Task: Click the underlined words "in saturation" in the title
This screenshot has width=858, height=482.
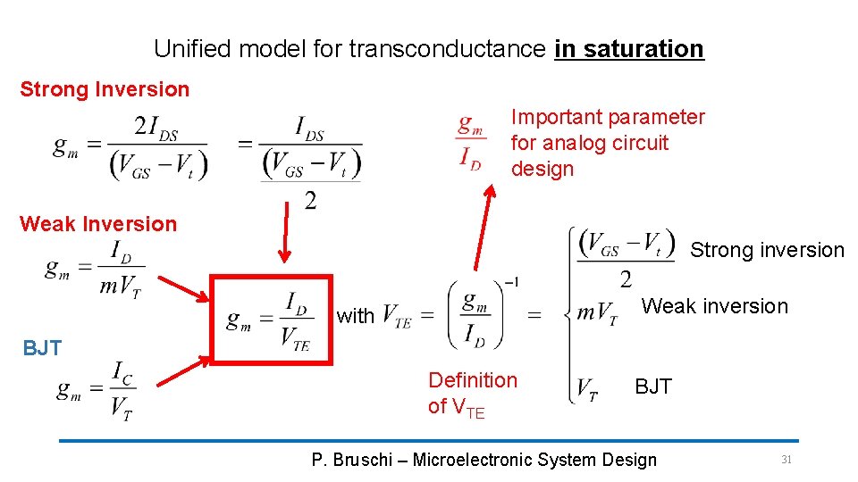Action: pyautogui.click(x=629, y=48)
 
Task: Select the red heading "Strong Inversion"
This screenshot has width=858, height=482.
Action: pyautogui.click(x=105, y=89)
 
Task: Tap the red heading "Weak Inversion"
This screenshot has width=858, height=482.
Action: pyautogui.click(x=98, y=224)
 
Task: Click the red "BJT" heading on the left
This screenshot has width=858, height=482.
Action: pyautogui.click(x=42, y=348)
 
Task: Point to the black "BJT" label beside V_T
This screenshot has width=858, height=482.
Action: pyautogui.click(x=652, y=386)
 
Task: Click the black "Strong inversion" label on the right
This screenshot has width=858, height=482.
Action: pyautogui.click(x=767, y=250)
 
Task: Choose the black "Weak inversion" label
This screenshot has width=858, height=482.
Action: pyautogui.click(x=715, y=306)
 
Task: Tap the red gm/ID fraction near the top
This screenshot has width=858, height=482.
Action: pyautogui.click(x=471, y=141)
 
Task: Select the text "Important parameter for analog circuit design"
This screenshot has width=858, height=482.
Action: pyautogui.click(x=608, y=143)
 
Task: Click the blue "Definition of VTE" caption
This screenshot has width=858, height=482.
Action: pyautogui.click(x=473, y=393)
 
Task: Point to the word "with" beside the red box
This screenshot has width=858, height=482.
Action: pyautogui.click(x=356, y=316)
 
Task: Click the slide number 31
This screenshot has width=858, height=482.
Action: pyautogui.click(x=786, y=459)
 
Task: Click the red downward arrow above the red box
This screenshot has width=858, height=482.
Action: pyautogui.click(x=285, y=232)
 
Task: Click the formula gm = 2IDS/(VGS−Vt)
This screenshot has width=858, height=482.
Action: pyautogui.click(x=130, y=148)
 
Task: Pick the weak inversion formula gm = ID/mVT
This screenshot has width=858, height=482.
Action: pyautogui.click(x=95, y=266)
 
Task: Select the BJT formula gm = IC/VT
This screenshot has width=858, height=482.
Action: pyautogui.click(x=97, y=390)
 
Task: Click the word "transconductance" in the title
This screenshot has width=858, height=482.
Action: pyautogui.click(x=447, y=48)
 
